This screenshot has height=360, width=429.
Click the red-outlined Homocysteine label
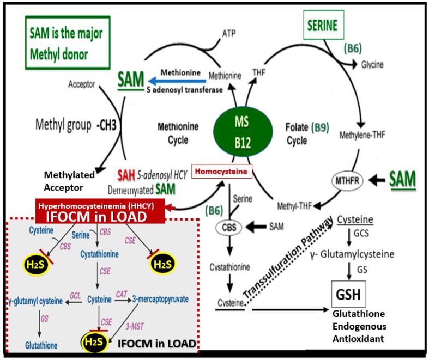(222, 172)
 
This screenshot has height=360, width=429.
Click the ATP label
(229, 33)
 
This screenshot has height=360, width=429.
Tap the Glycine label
(371, 64)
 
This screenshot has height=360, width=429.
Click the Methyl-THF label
(293, 208)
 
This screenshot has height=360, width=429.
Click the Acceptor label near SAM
(82, 84)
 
